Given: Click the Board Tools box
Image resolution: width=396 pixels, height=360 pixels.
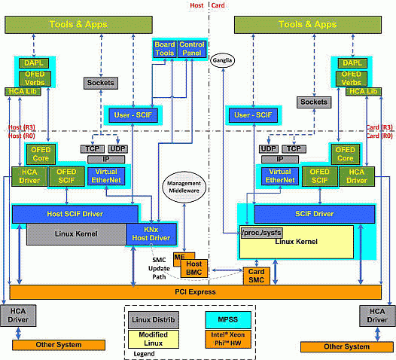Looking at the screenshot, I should [x=165, y=49].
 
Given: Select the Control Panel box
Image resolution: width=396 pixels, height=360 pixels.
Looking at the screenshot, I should [x=192, y=49].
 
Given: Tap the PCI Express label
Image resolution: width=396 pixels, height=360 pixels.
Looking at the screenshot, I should [x=193, y=292].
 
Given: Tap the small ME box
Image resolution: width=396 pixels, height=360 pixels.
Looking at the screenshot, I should [x=179, y=258].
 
